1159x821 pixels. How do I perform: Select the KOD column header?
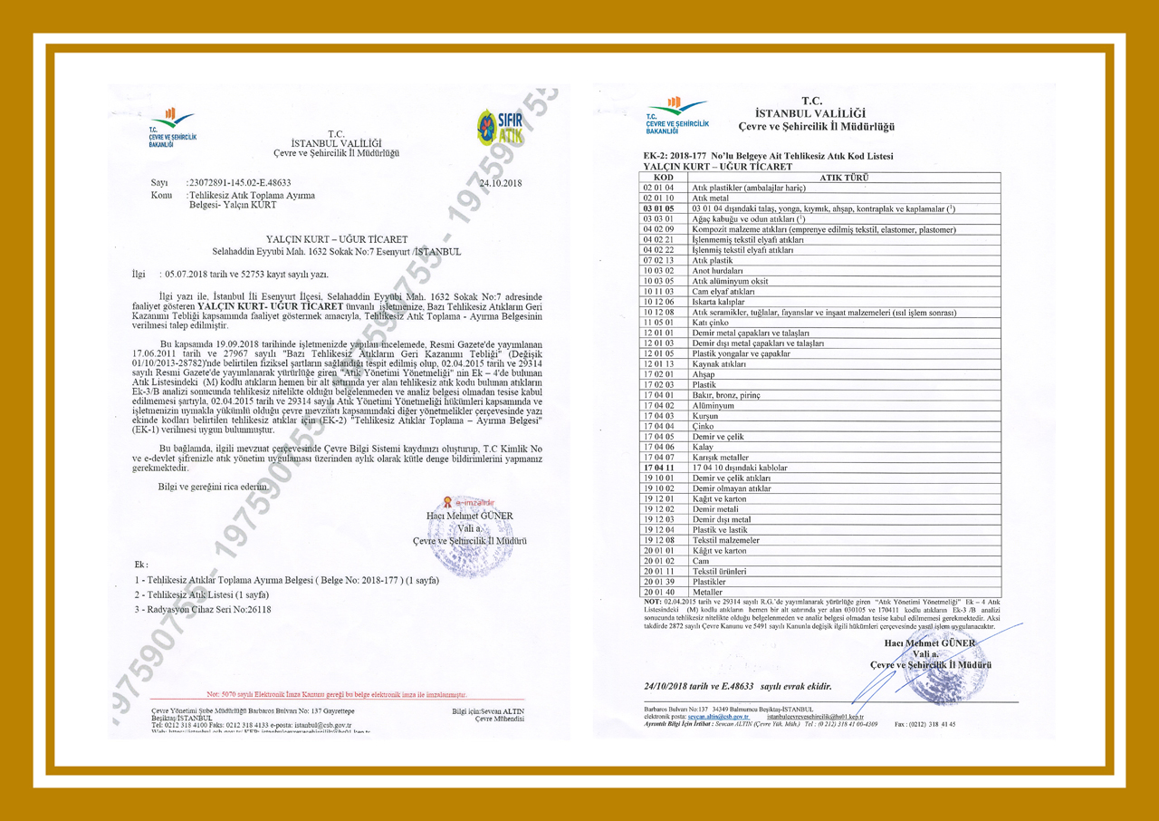[664, 178]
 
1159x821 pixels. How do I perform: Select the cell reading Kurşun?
[706, 415]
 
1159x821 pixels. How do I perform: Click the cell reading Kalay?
[704, 447]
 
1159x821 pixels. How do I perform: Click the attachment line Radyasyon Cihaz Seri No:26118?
[203, 610]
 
